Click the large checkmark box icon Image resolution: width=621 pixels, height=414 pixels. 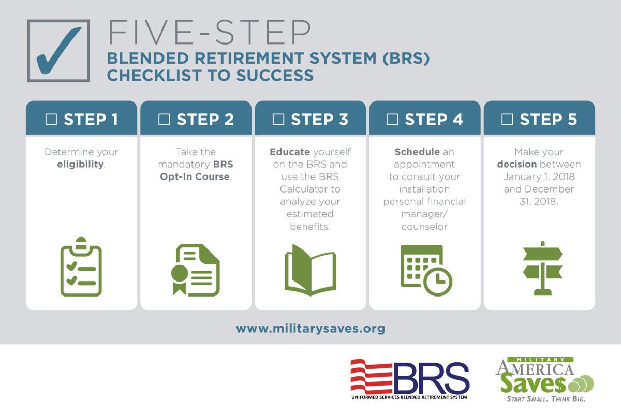tap(58, 50)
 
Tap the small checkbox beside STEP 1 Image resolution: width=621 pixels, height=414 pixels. tap(51, 120)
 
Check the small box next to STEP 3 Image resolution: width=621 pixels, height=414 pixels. tap(278, 120)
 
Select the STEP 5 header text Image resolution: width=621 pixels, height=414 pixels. tap(548, 120)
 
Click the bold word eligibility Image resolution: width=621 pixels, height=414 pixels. tap(80, 165)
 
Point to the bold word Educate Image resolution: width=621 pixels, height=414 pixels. tap(289, 152)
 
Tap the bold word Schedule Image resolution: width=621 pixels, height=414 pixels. tap(417, 152)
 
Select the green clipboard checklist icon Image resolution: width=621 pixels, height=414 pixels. tap(81, 267)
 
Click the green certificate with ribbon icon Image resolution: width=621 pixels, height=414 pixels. tap(196, 270)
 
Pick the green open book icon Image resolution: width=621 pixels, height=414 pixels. tap(310, 270)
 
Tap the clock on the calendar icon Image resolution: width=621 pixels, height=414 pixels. tap(438, 282)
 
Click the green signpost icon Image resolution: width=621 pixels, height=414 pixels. tap(542, 268)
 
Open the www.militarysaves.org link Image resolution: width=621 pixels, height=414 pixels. tap(310, 329)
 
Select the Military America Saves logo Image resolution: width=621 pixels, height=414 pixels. tap(543, 378)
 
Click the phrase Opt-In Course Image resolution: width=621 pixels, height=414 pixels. tap(202, 177)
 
